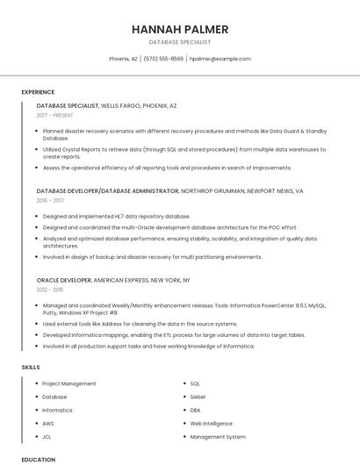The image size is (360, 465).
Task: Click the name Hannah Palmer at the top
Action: [x=179, y=28]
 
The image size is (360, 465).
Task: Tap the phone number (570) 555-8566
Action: [x=163, y=59]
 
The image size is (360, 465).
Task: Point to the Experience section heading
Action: [x=38, y=92]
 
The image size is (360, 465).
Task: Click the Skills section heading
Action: [x=31, y=366]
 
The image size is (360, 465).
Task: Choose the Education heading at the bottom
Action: [x=38, y=459]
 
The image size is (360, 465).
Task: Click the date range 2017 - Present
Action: [x=55, y=115]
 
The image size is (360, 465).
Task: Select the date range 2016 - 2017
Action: [x=51, y=200]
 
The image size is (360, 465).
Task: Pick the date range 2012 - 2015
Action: [x=50, y=289]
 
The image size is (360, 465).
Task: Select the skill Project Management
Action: [x=69, y=383]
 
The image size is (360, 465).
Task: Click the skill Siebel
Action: [x=198, y=397]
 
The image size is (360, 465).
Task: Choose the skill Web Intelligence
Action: [x=212, y=423]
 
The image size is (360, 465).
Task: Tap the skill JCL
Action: [x=47, y=436]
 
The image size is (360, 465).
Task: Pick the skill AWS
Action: [x=48, y=423]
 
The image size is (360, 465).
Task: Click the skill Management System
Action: [x=218, y=436]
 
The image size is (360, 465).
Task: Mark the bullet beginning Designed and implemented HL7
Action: [x=116, y=216]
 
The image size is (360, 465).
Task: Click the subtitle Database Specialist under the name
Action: [x=179, y=42]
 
